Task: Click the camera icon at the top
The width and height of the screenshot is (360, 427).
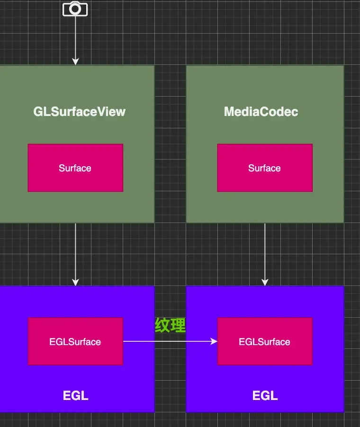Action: click(x=75, y=9)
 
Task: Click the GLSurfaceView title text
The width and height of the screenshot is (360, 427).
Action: click(x=79, y=112)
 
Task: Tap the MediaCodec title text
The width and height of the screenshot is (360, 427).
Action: click(x=261, y=112)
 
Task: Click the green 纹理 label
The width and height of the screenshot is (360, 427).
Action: click(x=170, y=325)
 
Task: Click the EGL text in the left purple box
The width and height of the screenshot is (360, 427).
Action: click(x=75, y=396)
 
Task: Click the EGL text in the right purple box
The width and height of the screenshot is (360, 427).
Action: click(x=265, y=396)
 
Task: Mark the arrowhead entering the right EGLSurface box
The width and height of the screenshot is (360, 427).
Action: click(x=214, y=341)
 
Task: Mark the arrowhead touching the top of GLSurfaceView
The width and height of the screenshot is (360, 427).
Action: click(x=75, y=62)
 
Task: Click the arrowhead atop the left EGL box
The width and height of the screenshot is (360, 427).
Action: click(x=75, y=283)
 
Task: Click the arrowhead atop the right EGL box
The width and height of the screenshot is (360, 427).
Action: click(x=265, y=283)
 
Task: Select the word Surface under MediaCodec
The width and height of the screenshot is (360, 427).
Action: click(x=264, y=168)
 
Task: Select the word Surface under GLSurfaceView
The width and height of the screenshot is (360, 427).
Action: click(x=75, y=168)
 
